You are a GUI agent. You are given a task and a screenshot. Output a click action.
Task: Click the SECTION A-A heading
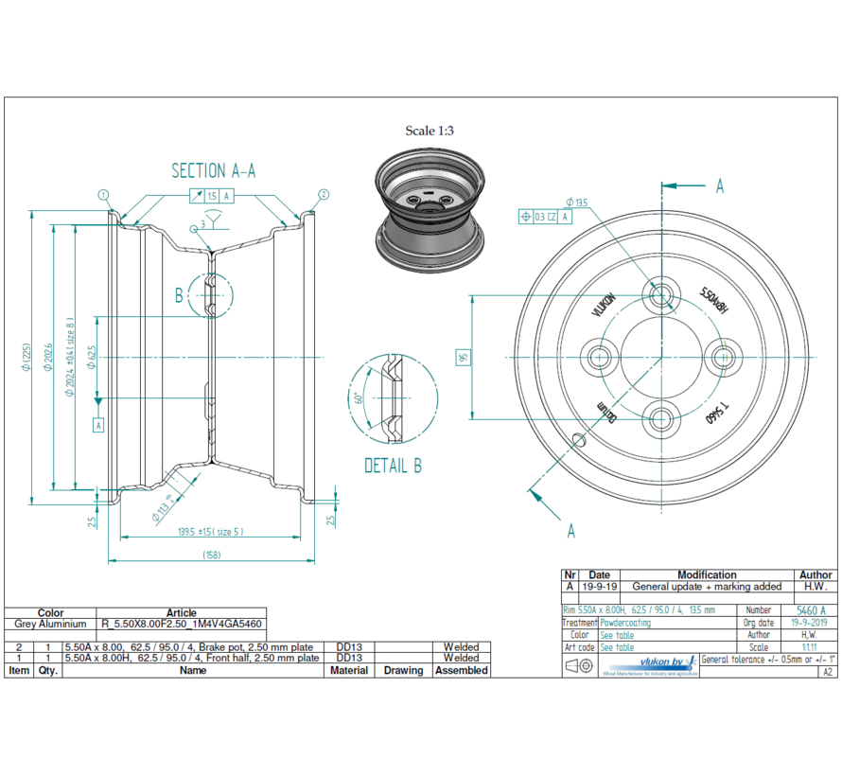click(213, 170)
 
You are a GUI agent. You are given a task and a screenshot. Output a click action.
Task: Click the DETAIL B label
click(393, 466)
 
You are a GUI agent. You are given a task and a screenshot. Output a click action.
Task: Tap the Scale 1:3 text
click(430, 131)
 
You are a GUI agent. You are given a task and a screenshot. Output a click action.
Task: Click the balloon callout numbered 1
click(102, 195)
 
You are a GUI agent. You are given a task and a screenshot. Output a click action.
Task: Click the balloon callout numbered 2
click(324, 195)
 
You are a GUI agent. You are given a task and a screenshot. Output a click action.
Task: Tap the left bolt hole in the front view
click(599, 357)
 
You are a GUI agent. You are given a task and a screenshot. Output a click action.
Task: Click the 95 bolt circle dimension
click(464, 357)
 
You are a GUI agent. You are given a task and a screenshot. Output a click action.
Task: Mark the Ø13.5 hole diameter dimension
click(576, 202)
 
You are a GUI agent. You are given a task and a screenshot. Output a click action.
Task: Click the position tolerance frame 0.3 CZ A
click(546, 217)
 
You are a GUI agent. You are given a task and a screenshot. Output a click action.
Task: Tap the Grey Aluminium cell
click(50, 625)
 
